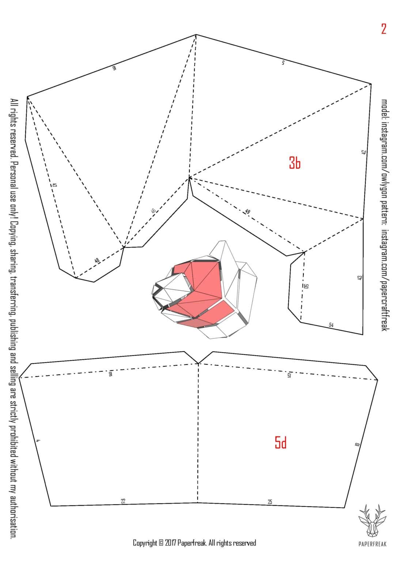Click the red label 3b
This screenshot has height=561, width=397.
click(x=295, y=163)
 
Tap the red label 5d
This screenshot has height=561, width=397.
click(x=280, y=443)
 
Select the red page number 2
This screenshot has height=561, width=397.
click(x=383, y=29)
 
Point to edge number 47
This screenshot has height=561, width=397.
click(x=54, y=185)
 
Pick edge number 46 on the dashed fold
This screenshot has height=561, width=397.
click(x=154, y=211)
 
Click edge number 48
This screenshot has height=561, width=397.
click(x=97, y=260)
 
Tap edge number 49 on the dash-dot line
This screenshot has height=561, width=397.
click(x=247, y=211)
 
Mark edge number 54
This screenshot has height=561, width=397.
click(x=331, y=324)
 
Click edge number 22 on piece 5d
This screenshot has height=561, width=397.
click(x=123, y=501)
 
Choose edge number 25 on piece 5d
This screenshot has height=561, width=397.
click(x=270, y=502)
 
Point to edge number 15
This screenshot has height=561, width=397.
click(x=289, y=375)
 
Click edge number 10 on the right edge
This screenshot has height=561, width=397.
click(x=357, y=444)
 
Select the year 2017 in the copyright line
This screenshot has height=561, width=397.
click(x=170, y=543)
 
